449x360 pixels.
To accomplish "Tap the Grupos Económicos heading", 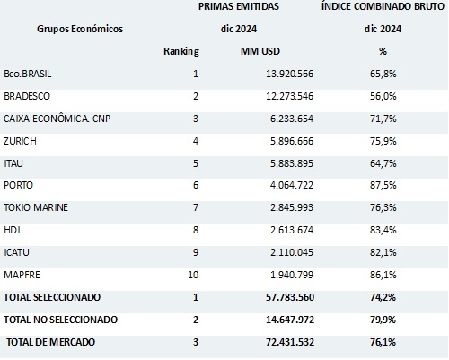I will (81, 29).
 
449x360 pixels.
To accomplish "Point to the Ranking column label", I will (181, 50).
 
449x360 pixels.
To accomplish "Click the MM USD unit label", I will (260, 50).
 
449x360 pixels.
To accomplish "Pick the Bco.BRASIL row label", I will (31, 73).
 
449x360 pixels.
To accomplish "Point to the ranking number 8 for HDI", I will (195, 230).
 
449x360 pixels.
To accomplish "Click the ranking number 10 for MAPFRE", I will (192, 274).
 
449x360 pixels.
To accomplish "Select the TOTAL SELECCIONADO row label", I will (52, 296).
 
